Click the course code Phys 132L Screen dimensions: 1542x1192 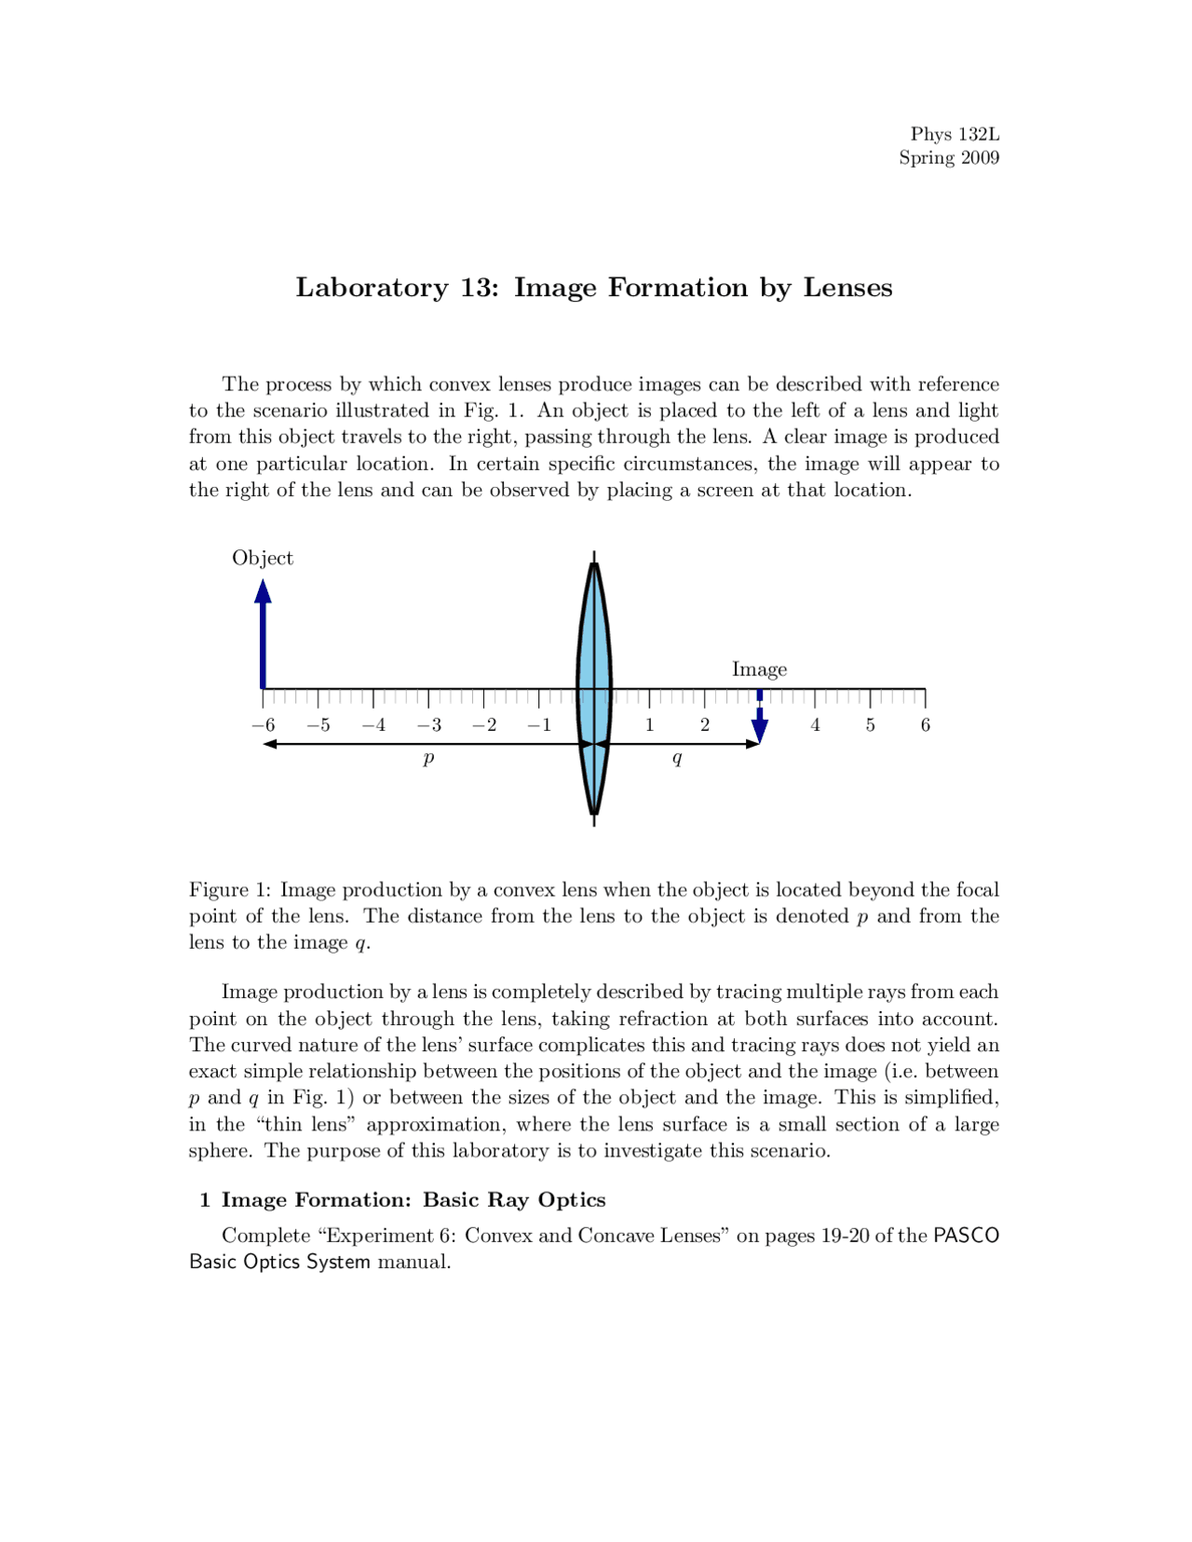(x=955, y=134)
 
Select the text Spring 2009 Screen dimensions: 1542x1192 (x=949, y=158)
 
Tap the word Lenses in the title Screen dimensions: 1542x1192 (x=847, y=288)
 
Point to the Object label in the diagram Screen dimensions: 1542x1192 (x=263, y=558)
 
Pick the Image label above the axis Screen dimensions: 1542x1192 (x=759, y=670)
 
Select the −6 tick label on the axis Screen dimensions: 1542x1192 (x=263, y=725)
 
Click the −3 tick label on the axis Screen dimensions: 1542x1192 (x=428, y=725)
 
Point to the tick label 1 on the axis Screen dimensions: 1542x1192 (x=649, y=725)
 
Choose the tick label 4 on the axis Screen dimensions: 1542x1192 (x=815, y=725)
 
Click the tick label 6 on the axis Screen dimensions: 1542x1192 (x=925, y=725)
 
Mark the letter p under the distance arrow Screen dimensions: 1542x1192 (x=428, y=759)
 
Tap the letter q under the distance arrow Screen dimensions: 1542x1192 (x=677, y=759)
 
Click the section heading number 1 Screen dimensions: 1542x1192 (x=205, y=1200)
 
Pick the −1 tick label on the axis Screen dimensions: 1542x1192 (x=539, y=725)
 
